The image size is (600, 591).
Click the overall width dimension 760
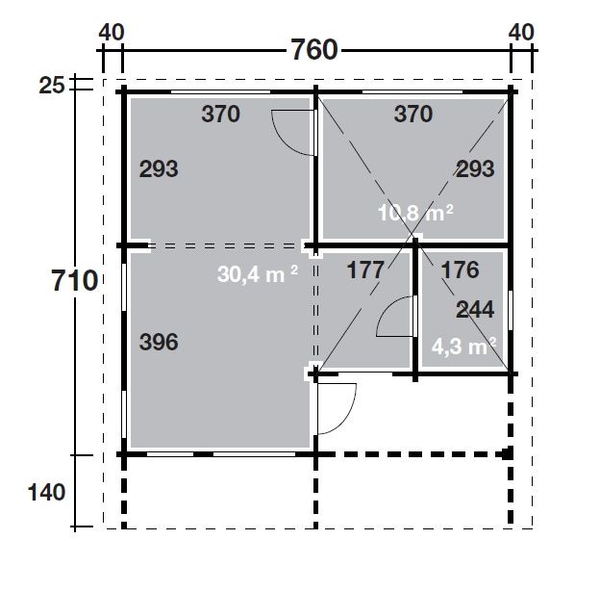(314, 50)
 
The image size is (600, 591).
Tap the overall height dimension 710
(75, 280)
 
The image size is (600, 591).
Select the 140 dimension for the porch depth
(47, 492)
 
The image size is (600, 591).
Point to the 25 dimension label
(52, 86)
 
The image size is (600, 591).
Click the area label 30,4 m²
(258, 274)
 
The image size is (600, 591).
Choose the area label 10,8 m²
(415, 213)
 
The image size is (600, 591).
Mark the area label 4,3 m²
(464, 347)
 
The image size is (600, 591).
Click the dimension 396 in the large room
(159, 342)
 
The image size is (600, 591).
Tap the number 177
(365, 270)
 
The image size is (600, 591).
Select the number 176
(461, 270)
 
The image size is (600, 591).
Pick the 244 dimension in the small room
(475, 310)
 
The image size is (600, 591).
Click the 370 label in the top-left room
(221, 114)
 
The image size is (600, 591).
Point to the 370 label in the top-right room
(413, 114)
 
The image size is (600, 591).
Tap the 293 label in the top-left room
(159, 168)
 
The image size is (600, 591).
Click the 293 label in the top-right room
(475, 168)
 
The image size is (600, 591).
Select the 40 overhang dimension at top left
(112, 32)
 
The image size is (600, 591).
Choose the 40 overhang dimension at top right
(521, 32)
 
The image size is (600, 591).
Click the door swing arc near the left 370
(281, 142)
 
